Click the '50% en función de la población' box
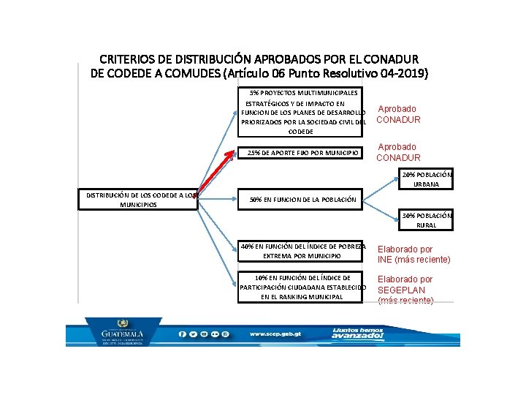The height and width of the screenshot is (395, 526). [x=303, y=199]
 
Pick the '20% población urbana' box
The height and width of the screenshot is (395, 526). [x=428, y=179]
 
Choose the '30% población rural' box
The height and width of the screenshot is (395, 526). [x=428, y=220]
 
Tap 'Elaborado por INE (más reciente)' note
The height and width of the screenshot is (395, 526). [x=413, y=255]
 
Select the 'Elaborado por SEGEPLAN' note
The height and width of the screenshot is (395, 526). [x=405, y=290]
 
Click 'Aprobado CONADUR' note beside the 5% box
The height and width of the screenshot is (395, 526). [x=398, y=114]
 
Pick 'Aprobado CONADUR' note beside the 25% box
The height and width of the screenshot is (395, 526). [x=399, y=152]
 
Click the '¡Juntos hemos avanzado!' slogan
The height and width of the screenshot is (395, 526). [x=357, y=334]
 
